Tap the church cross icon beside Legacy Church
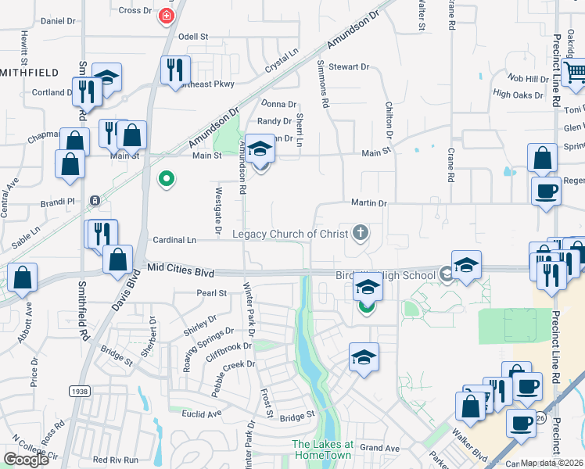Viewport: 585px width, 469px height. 361,232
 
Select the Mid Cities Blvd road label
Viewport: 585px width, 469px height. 181,272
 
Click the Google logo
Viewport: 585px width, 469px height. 27,460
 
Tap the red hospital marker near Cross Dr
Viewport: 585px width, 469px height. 166,16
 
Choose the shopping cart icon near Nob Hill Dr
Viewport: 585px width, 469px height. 575,73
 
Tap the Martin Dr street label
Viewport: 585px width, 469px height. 369,203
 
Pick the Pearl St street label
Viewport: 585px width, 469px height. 211,293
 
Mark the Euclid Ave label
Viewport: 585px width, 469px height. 203,412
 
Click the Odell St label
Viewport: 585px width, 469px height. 193,36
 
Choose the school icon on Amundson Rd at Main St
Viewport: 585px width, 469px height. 260,149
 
